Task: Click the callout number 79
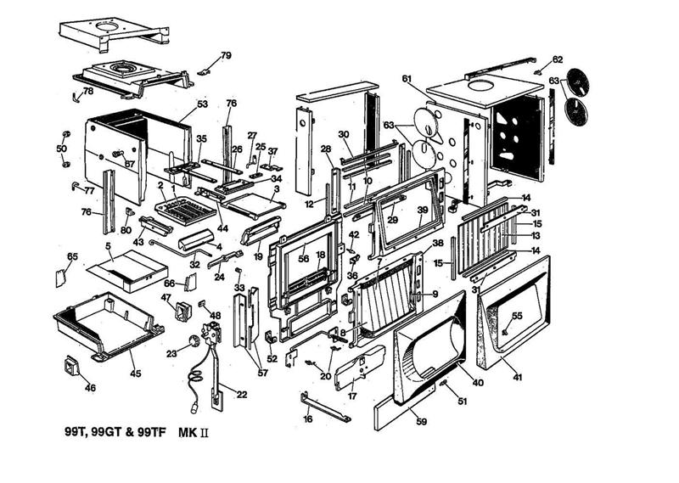[225, 55]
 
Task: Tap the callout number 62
[557, 59]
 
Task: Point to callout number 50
[61, 149]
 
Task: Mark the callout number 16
[308, 419]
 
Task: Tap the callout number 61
[407, 78]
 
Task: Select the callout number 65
[72, 256]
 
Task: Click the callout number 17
[351, 395]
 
